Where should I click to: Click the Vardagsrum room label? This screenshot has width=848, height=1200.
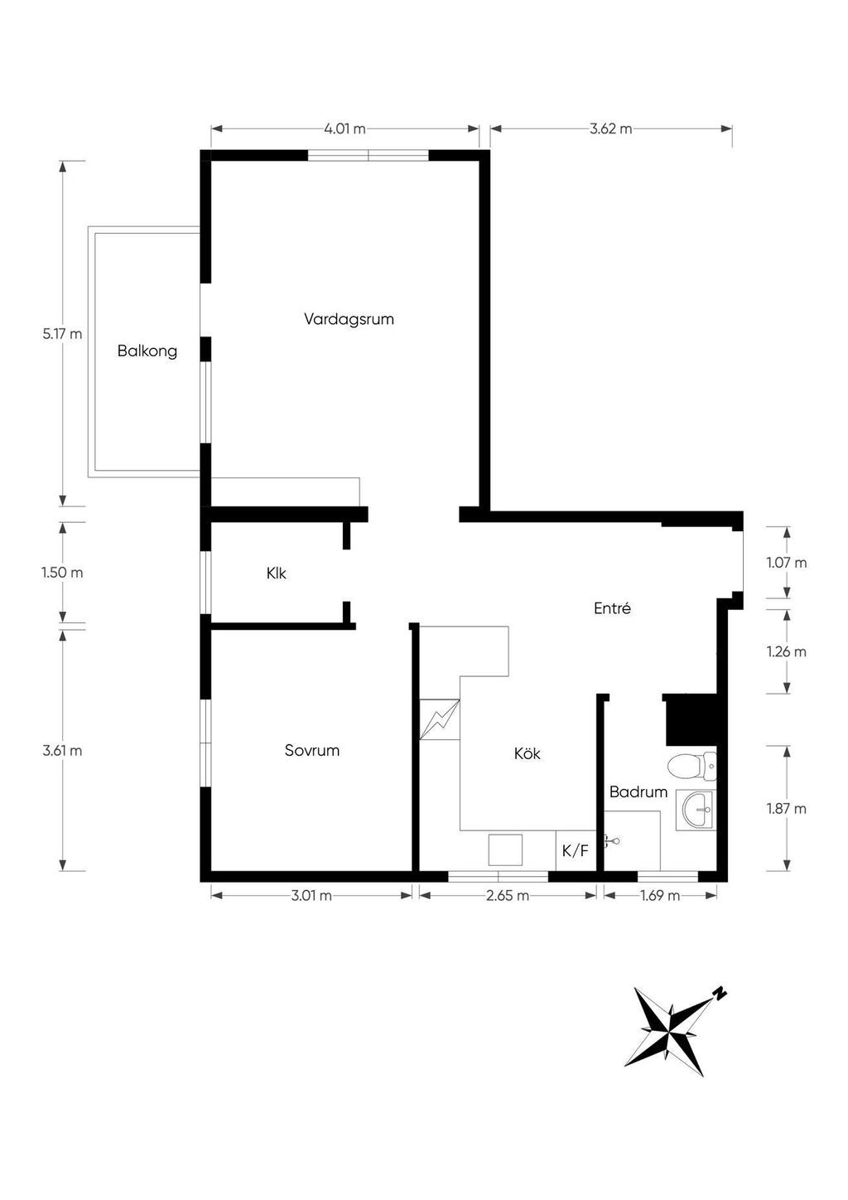349,319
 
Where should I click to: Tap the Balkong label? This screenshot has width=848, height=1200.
147,351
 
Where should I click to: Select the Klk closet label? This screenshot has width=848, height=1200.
277,573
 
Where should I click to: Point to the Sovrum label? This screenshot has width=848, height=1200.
312,750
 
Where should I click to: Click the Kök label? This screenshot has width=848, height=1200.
528,754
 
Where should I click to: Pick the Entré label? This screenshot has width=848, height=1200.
613,608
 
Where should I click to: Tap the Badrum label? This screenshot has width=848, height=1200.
638,791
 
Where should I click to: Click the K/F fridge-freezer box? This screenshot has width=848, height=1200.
576,850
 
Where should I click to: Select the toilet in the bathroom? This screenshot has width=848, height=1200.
691,766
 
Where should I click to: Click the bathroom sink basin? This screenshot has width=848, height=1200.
696,810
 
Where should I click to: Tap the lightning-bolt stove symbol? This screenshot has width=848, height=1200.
440,719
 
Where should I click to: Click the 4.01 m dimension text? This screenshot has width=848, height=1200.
344,129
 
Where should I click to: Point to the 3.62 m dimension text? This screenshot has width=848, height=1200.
611,129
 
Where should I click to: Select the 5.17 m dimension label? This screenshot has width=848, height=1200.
63,334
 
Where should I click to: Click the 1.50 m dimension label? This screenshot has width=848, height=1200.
63,573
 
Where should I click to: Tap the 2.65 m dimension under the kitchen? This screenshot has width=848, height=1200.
508,895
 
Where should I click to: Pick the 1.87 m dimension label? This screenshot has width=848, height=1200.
787,808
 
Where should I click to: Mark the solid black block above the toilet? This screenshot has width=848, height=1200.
691,719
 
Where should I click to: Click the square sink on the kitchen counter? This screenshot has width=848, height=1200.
505,849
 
